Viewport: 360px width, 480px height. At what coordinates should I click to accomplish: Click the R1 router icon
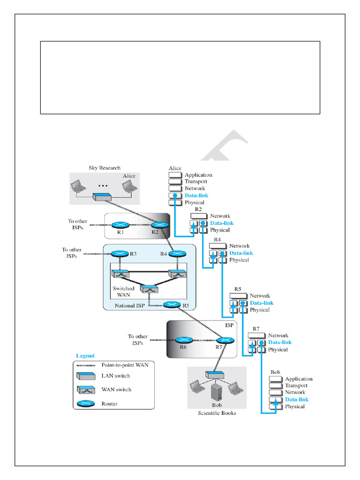(x=120, y=225)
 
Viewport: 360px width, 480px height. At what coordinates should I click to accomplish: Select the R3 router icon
(x=120, y=254)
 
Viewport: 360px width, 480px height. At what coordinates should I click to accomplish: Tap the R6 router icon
(x=184, y=340)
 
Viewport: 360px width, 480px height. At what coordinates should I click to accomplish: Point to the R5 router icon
(x=172, y=305)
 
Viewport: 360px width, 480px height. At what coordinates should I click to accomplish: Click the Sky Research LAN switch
(x=102, y=197)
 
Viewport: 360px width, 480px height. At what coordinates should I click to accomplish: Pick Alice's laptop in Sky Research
(x=129, y=186)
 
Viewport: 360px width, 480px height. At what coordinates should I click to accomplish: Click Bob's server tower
(x=217, y=392)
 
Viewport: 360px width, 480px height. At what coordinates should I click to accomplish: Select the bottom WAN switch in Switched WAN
(x=149, y=289)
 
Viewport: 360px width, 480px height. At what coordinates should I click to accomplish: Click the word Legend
(x=85, y=356)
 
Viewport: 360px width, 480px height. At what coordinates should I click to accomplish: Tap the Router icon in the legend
(x=86, y=404)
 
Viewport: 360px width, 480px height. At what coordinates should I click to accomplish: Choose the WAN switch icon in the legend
(x=86, y=390)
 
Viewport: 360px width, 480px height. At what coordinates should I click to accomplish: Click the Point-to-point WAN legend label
(x=125, y=365)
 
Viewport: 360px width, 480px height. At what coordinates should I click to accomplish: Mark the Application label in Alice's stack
(x=198, y=175)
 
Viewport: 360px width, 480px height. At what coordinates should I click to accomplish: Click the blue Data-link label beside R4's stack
(x=241, y=253)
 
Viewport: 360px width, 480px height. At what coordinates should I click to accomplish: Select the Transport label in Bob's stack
(x=296, y=385)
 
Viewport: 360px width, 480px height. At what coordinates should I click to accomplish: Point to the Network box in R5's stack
(x=238, y=296)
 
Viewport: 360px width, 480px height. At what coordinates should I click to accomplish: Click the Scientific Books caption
(x=217, y=413)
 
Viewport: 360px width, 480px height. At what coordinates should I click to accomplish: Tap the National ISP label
(x=130, y=306)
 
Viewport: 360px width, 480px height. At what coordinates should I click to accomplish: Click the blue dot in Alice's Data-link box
(x=175, y=195)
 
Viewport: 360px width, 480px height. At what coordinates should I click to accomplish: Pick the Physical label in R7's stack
(x=278, y=350)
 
